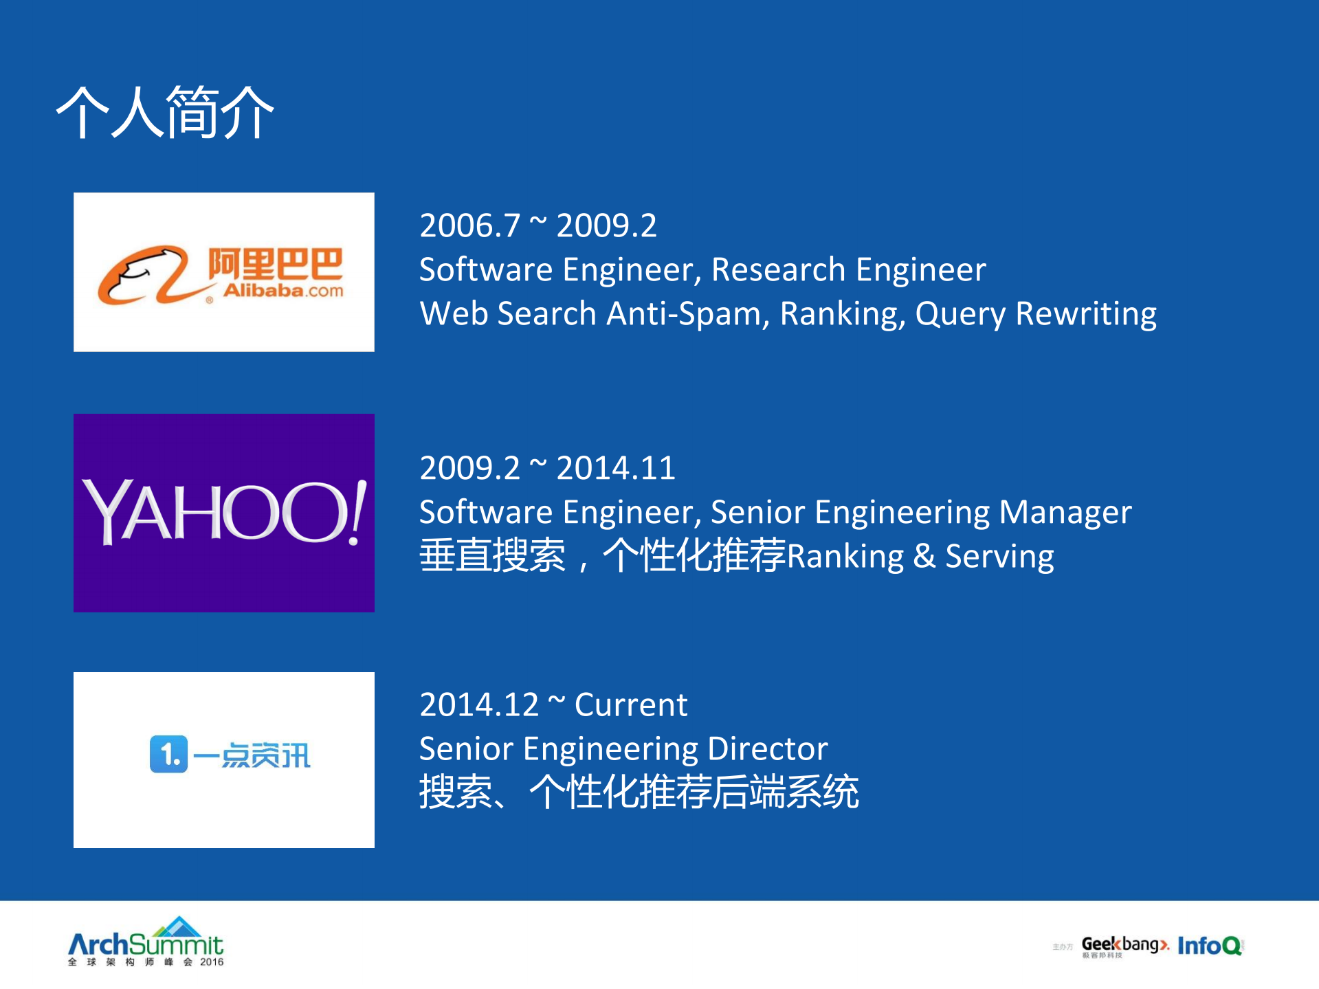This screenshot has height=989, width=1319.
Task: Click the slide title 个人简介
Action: (165, 113)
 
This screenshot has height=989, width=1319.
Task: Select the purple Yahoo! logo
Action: (224, 513)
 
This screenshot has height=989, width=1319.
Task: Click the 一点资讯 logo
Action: (230, 755)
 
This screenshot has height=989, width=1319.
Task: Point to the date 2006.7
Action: (470, 225)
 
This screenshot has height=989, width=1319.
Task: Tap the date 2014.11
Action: (616, 468)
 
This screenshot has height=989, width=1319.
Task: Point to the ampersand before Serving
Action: (924, 556)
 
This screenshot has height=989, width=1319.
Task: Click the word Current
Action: (631, 704)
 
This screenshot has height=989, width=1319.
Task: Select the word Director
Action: (768, 748)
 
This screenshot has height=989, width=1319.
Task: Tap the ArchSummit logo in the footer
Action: (146, 942)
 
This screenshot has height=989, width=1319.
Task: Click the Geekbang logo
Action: (1125, 946)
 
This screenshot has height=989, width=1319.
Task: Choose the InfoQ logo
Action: (1210, 946)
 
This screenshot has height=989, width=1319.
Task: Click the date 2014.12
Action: (479, 704)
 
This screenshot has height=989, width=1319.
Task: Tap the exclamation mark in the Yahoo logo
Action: (357, 512)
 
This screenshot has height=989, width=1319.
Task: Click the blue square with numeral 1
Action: (168, 754)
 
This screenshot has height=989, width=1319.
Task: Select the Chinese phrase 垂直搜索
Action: (493, 556)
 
